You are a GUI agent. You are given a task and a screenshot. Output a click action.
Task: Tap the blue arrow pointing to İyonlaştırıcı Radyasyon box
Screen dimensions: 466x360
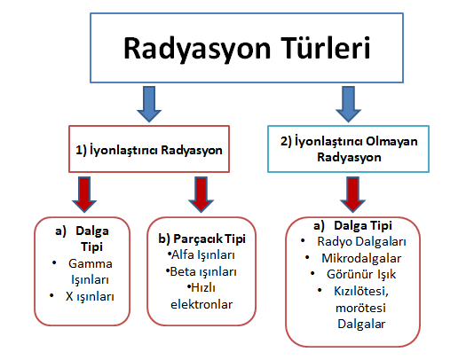tap(149, 104)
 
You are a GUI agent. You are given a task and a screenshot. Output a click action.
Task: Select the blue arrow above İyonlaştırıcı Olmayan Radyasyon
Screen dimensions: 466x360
tap(348, 104)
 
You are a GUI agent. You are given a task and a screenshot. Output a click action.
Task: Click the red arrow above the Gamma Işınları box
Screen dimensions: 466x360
tap(84, 194)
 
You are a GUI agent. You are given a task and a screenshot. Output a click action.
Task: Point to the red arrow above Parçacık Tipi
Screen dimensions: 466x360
tap(201, 194)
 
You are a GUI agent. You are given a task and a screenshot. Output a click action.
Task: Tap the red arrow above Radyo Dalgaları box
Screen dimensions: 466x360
tap(352, 194)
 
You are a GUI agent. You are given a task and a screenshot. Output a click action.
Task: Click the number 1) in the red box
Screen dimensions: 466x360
tap(81, 150)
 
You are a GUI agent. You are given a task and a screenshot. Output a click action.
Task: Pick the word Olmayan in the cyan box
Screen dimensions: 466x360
tap(391, 142)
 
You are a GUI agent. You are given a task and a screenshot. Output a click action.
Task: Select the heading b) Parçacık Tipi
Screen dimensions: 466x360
tap(201, 239)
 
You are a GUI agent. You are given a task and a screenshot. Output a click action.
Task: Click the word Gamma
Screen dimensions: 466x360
tap(91, 263)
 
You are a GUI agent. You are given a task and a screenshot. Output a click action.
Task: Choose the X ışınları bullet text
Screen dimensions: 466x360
tap(90, 296)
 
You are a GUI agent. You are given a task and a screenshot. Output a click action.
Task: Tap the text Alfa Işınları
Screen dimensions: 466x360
tap(203, 255)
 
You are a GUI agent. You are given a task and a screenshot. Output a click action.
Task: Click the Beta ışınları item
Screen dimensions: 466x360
tap(203, 271)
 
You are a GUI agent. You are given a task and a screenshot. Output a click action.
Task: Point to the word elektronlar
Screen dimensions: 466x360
tap(201, 304)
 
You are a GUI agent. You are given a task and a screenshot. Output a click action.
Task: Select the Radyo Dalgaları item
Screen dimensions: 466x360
tap(361, 242)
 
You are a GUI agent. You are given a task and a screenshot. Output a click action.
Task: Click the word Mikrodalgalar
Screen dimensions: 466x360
tap(361, 258)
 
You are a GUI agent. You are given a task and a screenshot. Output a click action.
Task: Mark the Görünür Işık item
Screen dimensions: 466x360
tap(361, 275)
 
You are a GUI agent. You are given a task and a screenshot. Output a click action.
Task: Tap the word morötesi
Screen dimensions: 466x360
tap(360, 308)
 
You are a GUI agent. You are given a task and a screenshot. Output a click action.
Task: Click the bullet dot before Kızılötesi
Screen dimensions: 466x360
tap(320, 290)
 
